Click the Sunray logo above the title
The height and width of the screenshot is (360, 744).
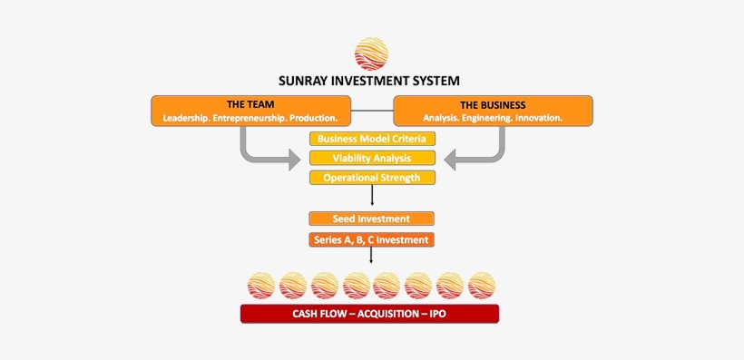point(371,54)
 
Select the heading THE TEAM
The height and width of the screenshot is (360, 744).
point(250,104)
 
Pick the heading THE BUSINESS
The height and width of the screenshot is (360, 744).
point(493,104)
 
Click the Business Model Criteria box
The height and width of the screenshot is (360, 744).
point(372,139)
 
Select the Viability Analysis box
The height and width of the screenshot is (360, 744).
point(372,158)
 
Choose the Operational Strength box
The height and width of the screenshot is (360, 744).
point(372,178)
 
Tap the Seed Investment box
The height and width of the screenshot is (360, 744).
point(371,219)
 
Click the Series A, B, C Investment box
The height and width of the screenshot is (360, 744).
point(371,240)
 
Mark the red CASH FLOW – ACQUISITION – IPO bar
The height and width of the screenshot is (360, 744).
point(369,314)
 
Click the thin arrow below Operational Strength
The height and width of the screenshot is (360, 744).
point(372,196)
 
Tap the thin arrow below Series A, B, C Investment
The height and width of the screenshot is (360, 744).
point(371,256)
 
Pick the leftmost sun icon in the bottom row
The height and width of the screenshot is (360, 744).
point(261,286)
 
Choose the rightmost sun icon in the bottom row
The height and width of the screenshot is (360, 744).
point(482,286)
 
